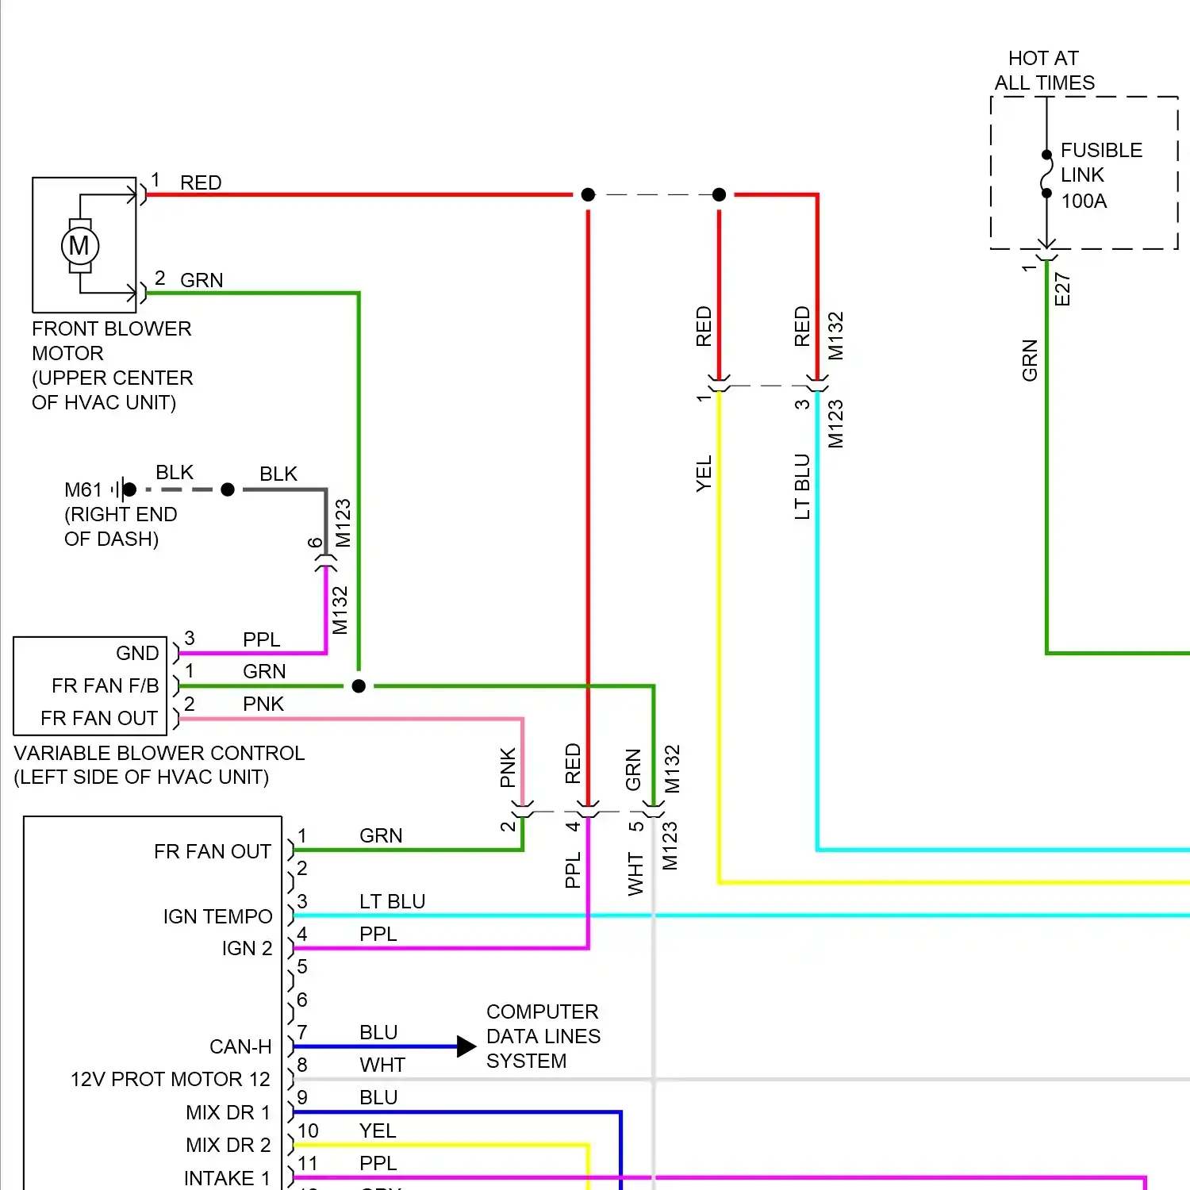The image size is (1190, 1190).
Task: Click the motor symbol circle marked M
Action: click(x=79, y=246)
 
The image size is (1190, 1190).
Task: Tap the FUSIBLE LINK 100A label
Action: click(x=1100, y=175)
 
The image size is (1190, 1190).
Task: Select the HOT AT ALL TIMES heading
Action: click(x=1044, y=71)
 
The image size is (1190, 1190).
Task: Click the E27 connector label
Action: click(x=1062, y=290)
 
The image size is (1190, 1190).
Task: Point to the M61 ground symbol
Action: click(x=119, y=489)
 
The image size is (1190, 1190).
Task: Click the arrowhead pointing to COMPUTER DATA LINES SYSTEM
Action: click(x=466, y=1046)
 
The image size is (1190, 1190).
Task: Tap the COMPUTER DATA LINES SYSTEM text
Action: click(x=543, y=1036)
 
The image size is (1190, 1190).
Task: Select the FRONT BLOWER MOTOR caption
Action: click(x=112, y=365)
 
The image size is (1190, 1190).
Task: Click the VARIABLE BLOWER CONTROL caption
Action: click(x=159, y=765)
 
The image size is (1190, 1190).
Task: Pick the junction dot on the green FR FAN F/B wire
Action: click(x=359, y=686)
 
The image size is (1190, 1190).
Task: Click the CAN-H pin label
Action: click(x=240, y=1047)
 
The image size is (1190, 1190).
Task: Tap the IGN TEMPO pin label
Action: click(x=217, y=917)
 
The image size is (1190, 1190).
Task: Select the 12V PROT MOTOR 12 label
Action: click(x=170, y=1080)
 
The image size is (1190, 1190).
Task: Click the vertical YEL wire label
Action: click(x=704, y=474)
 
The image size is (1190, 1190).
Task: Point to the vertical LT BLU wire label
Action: click(x=802, y=486)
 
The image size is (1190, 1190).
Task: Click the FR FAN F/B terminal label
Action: click(x=105, y=685)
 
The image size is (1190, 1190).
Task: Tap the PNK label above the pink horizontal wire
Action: click(x=263, y=704)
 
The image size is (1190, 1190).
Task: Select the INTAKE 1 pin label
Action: click(x=227, y=1178)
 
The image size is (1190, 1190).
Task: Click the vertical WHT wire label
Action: click(x=635, y=874)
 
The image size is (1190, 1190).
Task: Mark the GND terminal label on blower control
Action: click(x=137, y=653)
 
